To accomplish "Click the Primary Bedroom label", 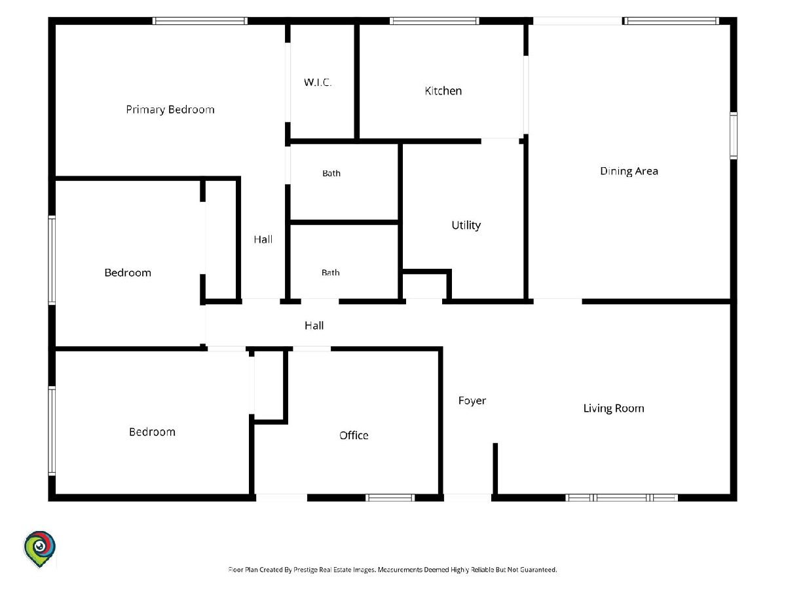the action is coord(170,109).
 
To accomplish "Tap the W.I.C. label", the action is coord(318,83).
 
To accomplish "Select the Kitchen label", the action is coord(443,90).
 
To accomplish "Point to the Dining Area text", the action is coord(629,171).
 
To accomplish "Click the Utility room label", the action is coord(466,226).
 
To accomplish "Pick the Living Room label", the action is coord(613,408).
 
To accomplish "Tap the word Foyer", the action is coord(472,401).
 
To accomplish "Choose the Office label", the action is coord(354,435).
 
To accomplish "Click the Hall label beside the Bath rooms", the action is coord(263,239).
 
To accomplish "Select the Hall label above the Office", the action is coord(314,325).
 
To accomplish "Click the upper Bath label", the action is coord(331,173).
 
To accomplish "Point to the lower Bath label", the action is coord(330,273).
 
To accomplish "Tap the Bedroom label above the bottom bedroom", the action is coord(128,273).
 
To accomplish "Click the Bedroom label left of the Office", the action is coord(152,431).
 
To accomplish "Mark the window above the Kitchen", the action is coord(434,21).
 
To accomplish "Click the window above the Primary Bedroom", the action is coord(200,21).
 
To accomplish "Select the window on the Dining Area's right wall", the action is coord(733,136).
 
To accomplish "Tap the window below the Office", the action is coord(390,497).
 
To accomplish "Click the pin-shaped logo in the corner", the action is coord(39,549).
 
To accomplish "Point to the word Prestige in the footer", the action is coord(305,570).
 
